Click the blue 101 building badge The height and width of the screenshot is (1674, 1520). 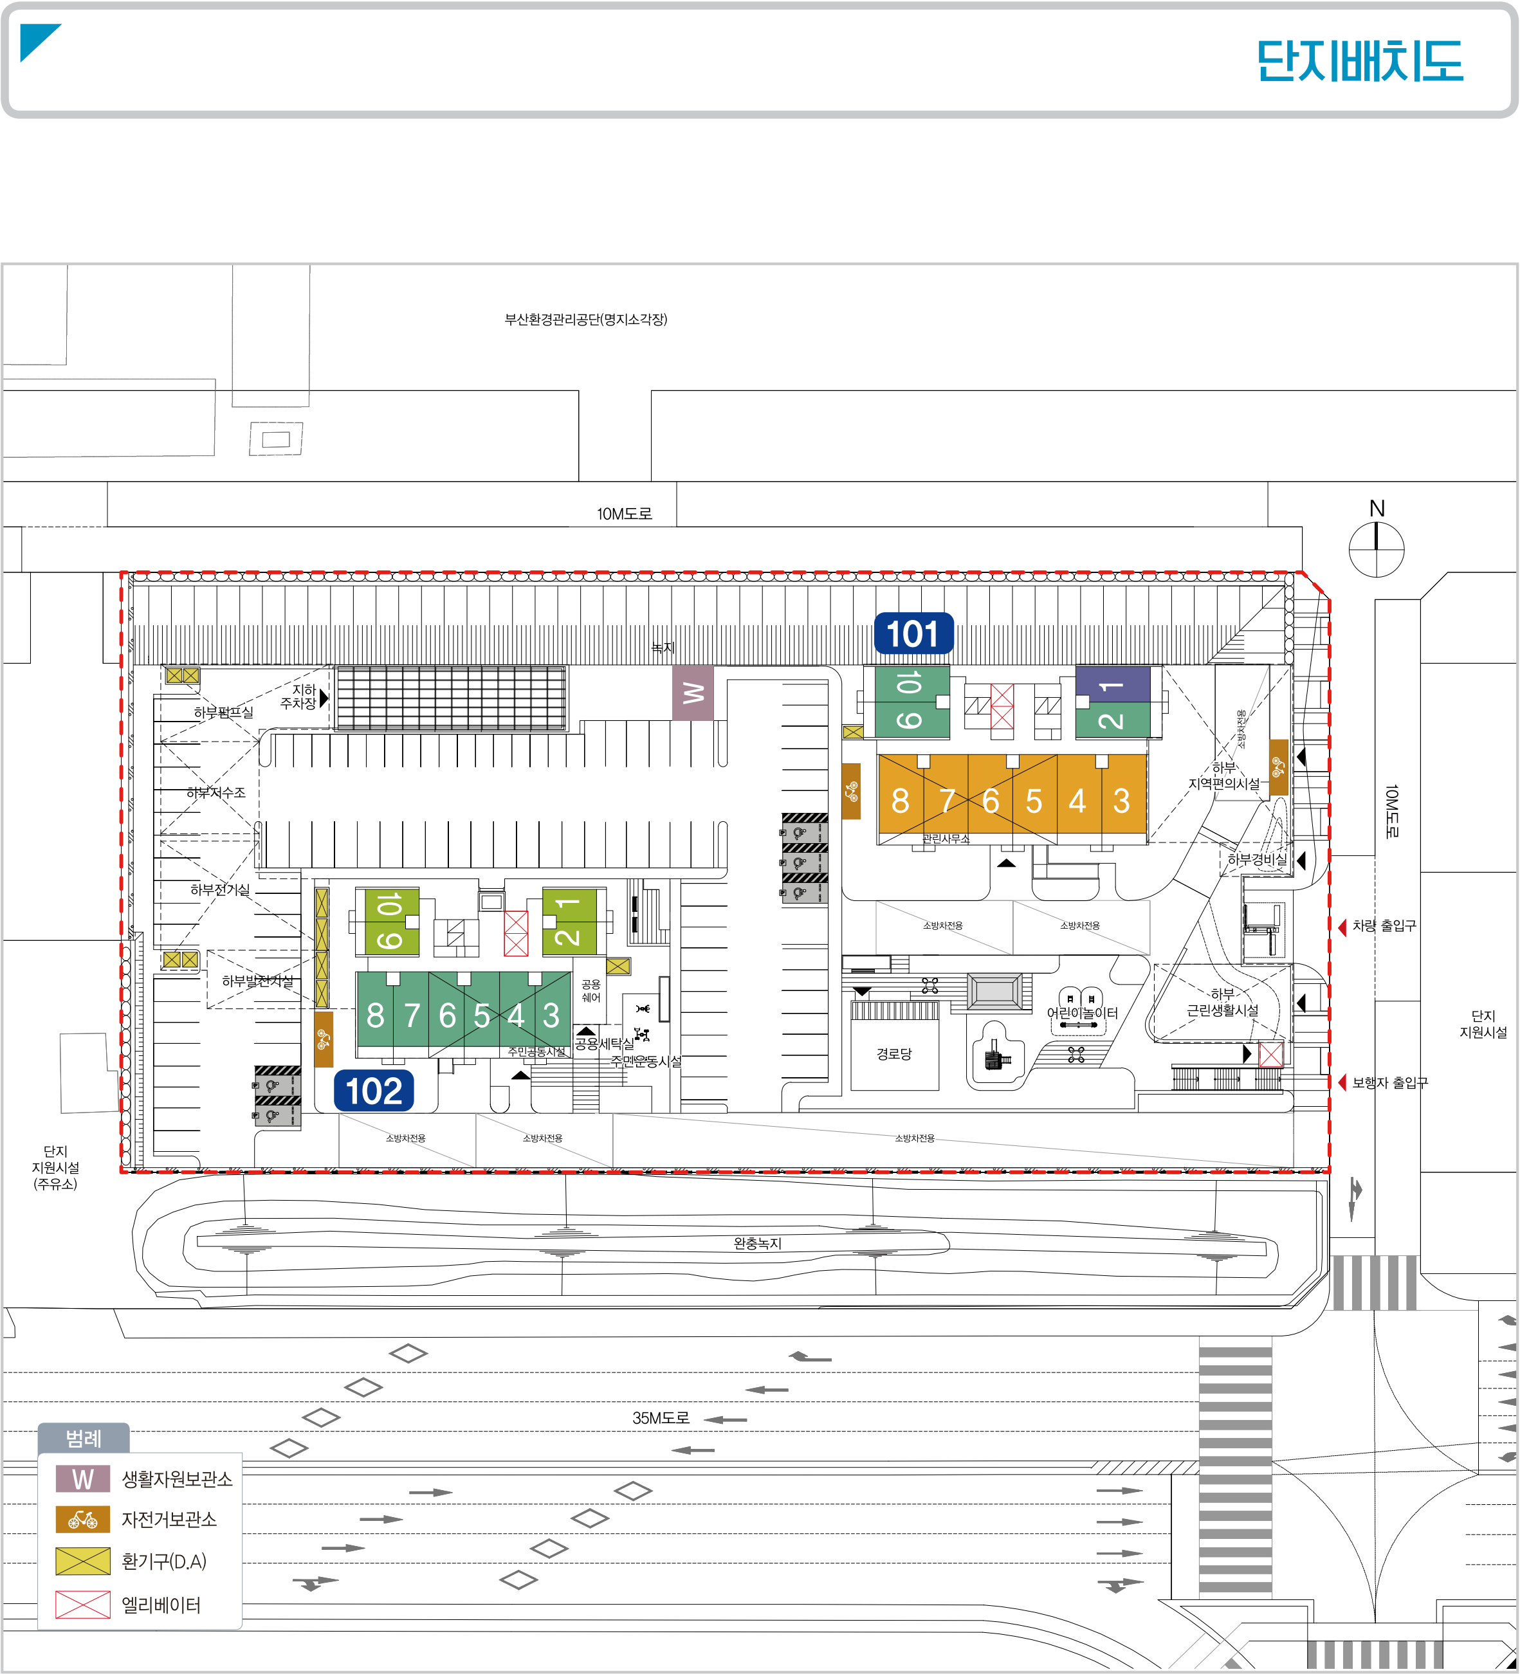pos(913,634)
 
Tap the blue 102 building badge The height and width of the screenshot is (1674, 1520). pos(374,1091)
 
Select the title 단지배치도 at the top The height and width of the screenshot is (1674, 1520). pos(1360,62)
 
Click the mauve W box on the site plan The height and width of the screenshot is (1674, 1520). pos(693,693)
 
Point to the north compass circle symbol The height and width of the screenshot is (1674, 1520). pos(1377,549)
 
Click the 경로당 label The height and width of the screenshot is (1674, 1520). pos(893,1053)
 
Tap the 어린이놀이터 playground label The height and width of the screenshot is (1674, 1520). pos(1083,1013)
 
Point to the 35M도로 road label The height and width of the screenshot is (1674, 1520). pos(661,1418)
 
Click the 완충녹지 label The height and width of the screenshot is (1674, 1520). pos(756,1243)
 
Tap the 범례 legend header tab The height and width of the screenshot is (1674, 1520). pos(83,1438)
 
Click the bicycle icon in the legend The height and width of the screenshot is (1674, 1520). pos(83,1520)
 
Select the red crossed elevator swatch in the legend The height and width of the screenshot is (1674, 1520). pos(83,1605)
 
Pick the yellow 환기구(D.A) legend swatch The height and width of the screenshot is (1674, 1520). pos(83,1561)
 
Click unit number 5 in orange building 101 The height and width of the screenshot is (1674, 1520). pos(1033,801)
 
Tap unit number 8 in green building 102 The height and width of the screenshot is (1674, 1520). pos(376,1015)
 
